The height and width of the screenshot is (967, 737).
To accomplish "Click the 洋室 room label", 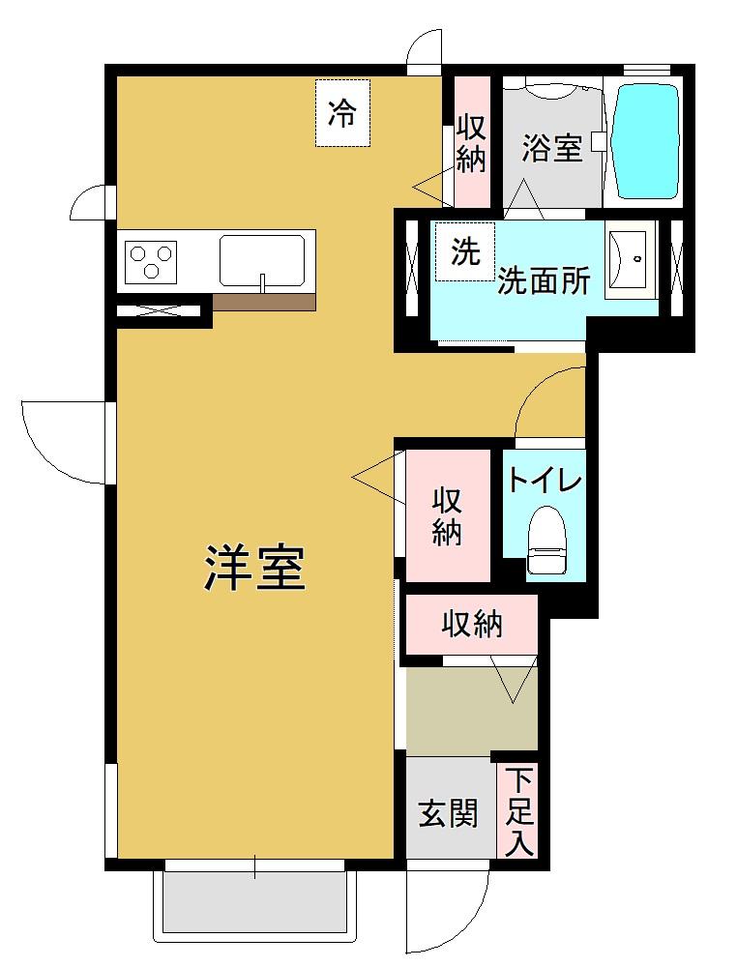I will click(x=255, y=569).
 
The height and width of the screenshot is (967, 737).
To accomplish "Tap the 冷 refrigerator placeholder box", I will click(x=342, y=114).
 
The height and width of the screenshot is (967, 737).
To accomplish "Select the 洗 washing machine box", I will click(x=464, y=252).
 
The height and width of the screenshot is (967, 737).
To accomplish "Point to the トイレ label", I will click(x=544, y=480).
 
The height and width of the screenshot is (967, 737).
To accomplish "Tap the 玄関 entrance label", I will click(x=448, y=814).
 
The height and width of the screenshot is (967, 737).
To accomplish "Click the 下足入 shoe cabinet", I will click(x=520, y=810).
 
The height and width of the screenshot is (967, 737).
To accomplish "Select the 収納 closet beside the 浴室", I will click(x=471, y=143).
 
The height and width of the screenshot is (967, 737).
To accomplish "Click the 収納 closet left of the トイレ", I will click(x=447, y=516).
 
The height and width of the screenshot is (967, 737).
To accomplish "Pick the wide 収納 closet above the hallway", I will click(x=472, y=625).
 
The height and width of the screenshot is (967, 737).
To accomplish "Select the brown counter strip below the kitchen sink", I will click(x=264, y=302).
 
